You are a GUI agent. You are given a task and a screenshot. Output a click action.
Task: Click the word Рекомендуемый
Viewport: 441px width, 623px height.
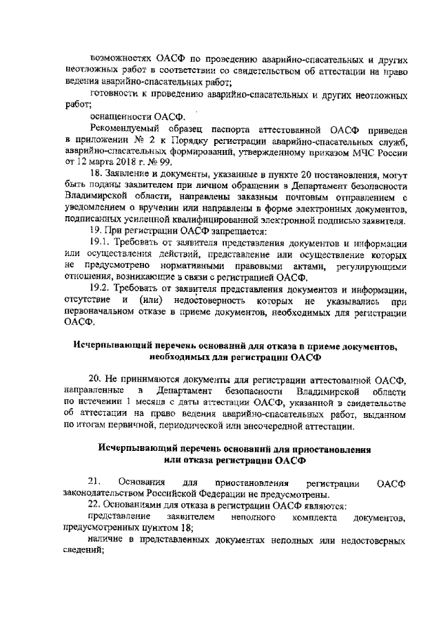click(125, 129)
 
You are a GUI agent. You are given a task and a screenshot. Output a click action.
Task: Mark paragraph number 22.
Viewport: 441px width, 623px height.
click(97, 505)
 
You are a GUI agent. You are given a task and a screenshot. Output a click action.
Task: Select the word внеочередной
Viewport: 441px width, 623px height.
click(271, 425)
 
